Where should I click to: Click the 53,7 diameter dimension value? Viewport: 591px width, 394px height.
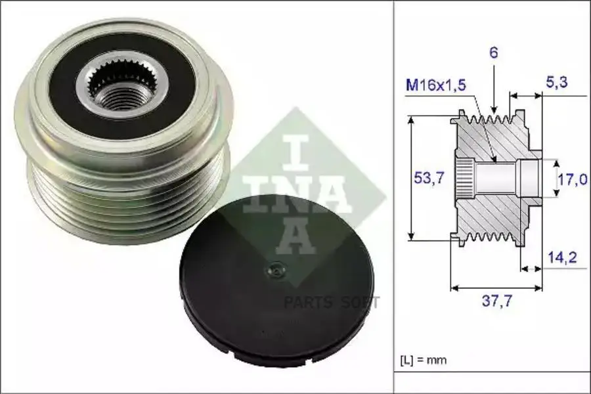point(424,178)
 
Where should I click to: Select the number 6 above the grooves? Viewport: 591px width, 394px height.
point(494,53)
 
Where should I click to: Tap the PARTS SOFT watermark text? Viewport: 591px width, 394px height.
point(331,303)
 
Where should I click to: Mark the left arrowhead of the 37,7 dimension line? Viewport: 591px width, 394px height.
point(454,288)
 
